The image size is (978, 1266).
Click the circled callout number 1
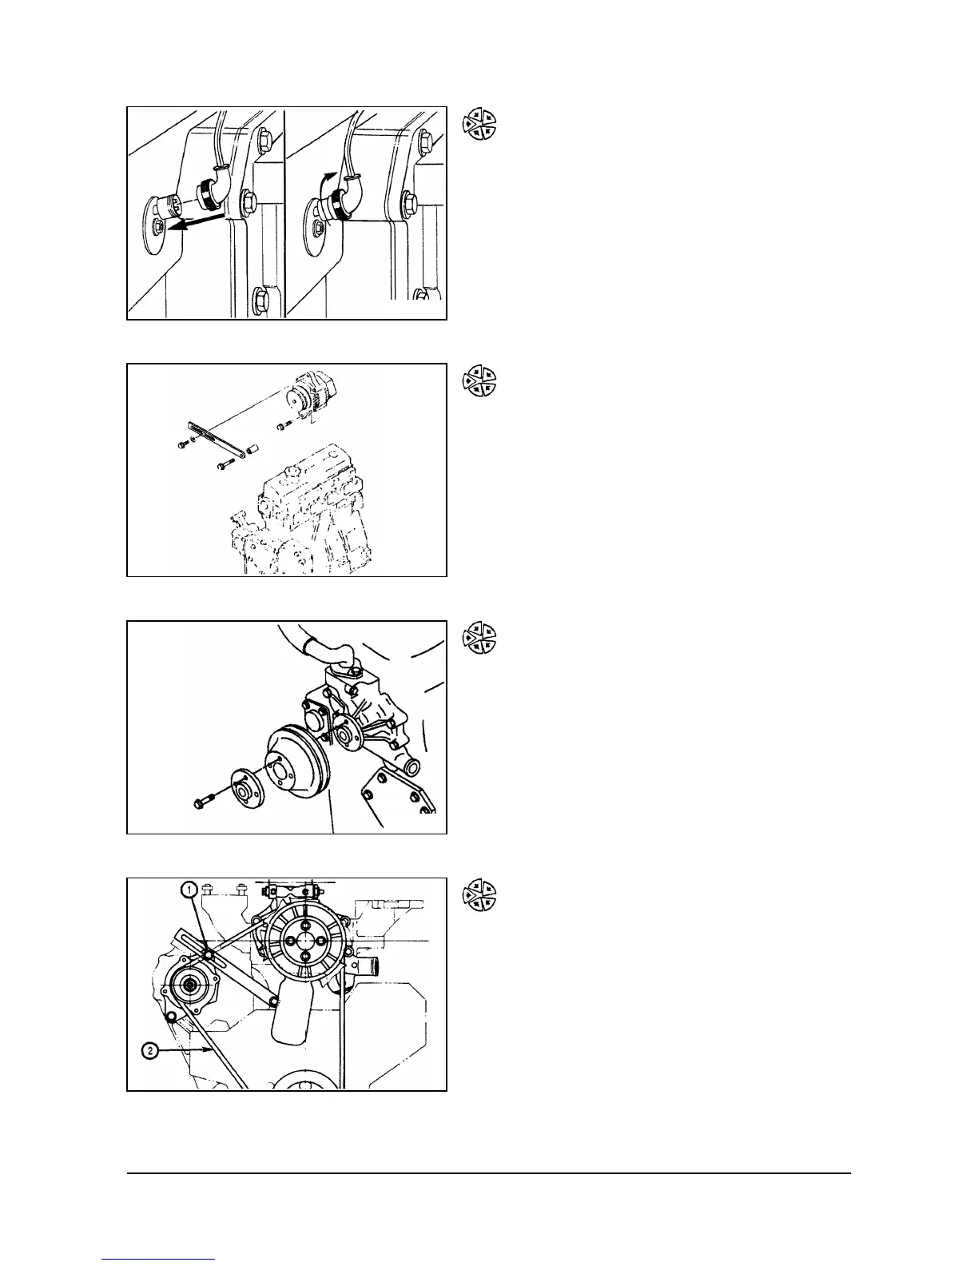point(188,888)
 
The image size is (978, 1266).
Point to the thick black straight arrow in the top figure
point(200,221)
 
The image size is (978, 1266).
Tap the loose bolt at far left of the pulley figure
point(204,800)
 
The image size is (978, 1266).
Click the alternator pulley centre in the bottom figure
point(190,985)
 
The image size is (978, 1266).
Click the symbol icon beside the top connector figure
point(480,124)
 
